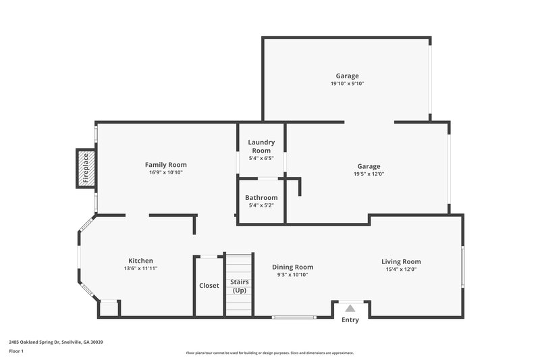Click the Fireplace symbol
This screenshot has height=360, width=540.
[86, 168]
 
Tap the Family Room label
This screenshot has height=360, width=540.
[165, 165]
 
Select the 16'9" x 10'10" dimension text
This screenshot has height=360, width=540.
[165, 173]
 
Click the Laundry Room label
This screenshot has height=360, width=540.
[261, 146]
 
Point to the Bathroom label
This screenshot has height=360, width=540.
[261, 197]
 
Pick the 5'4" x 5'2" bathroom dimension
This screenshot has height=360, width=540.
[261, 205]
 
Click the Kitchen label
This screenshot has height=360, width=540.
[140, 261]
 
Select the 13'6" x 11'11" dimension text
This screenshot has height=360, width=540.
[140, 269]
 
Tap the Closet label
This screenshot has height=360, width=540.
[209, 286]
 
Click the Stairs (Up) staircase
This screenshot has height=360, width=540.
[238, 285]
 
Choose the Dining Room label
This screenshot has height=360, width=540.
[292, 267]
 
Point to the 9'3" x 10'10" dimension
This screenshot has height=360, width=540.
[292, 275]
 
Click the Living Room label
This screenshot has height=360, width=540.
[401, 261]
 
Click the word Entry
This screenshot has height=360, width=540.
[350, 320]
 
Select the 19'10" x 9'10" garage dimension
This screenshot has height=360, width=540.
[347, 84]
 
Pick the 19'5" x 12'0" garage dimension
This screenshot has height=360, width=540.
[369, 174]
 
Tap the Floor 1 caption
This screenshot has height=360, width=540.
[16, 351]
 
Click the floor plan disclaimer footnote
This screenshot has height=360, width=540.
[269, 353]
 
